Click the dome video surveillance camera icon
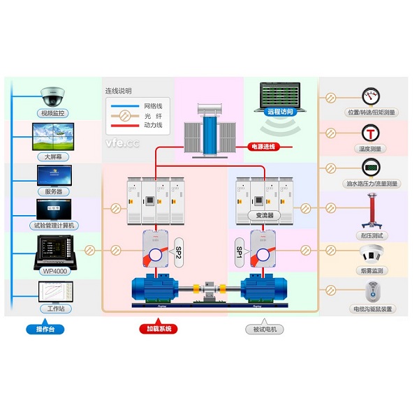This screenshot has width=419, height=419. (52, 95)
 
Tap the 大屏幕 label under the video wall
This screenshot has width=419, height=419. (52, 157)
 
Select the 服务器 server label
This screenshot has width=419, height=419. (53, 191)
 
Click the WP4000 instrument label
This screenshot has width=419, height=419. (54, 270)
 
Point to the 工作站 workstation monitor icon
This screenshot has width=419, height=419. (53, 292)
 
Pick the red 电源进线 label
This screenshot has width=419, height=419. (263, 147)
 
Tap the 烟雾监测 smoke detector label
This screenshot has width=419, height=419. (372, 270)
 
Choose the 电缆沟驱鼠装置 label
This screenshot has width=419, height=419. (372, 308)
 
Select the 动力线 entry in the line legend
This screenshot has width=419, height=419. (153, 125)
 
